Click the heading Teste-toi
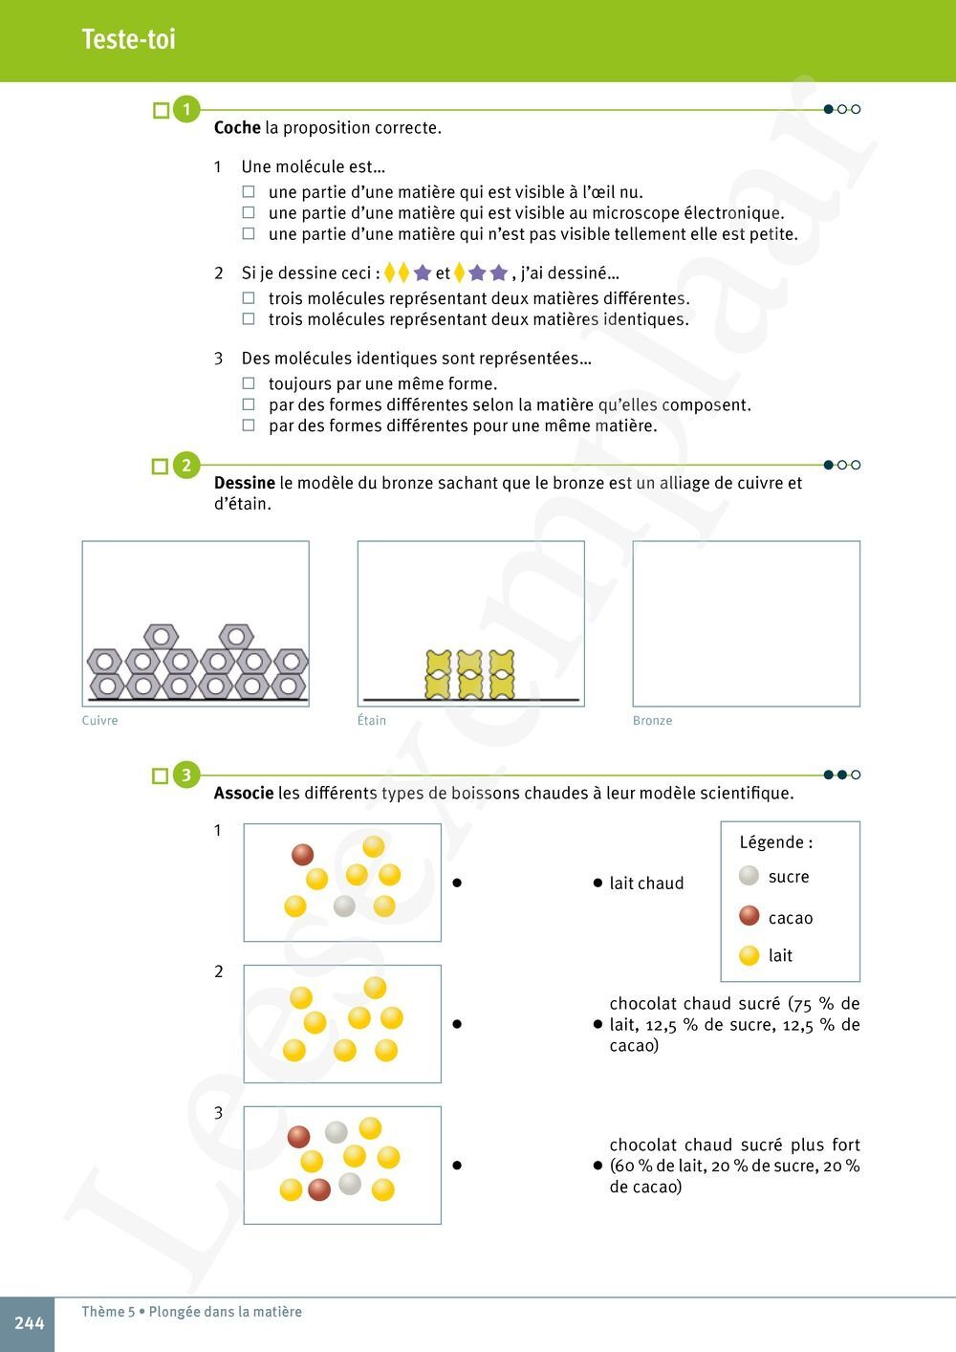[x=128, y=39]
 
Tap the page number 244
[x=29, y=1323]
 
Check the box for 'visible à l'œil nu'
[x=249, y=192]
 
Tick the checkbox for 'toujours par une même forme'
[x=249, y=383]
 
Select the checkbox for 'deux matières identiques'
[x=249, y=319]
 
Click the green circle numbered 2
[x=186, y=466]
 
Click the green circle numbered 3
[x=186, y=775]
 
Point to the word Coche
[x=237, y=127]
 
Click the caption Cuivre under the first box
[x=100, y=721]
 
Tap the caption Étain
[x=372, y=721]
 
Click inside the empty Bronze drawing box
[x=746, y=623]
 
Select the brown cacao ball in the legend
[x=750, y=917]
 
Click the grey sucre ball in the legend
[x=750, y=876]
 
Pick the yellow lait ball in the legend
[x=750, y=955]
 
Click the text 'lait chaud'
[x=646, y=883]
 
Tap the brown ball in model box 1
[x=303, y=854]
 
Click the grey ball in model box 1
[x=344, y=905]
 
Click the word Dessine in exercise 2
[x=245, y=483]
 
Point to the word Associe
[x=244, y=794]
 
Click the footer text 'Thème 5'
[x=108, y=1312]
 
